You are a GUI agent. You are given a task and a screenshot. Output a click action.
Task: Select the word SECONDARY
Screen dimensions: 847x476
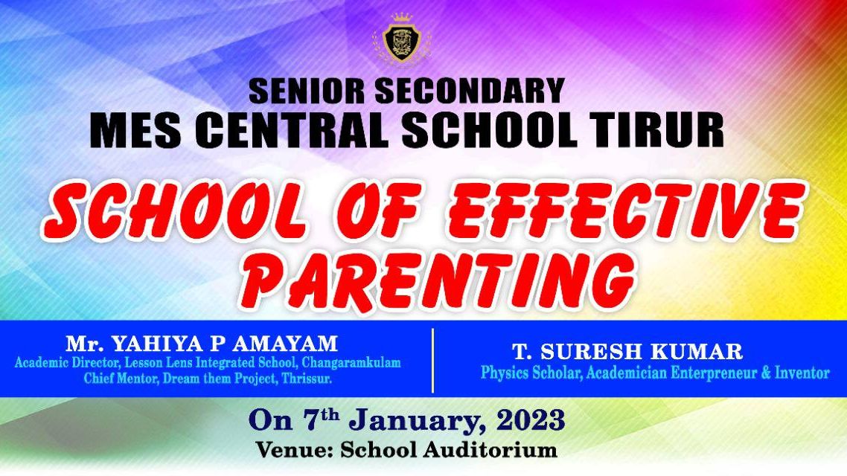pos(470,91)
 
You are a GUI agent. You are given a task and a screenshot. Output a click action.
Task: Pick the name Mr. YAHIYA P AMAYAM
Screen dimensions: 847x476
pos(202,343)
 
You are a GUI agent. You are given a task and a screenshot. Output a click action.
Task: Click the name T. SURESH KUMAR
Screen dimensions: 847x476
pos(627,351)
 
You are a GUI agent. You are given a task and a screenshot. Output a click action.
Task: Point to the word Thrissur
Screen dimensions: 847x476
pos(307,379)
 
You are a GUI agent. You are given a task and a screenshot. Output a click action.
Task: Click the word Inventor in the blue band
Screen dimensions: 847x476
pos(802,373)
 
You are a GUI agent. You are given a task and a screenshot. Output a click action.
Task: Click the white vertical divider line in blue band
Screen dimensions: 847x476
pos(432,360)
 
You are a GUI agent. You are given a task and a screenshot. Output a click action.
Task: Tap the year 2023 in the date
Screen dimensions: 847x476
pos(531,420)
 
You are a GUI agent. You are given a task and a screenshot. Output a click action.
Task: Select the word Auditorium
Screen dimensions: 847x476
pos(490,449)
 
